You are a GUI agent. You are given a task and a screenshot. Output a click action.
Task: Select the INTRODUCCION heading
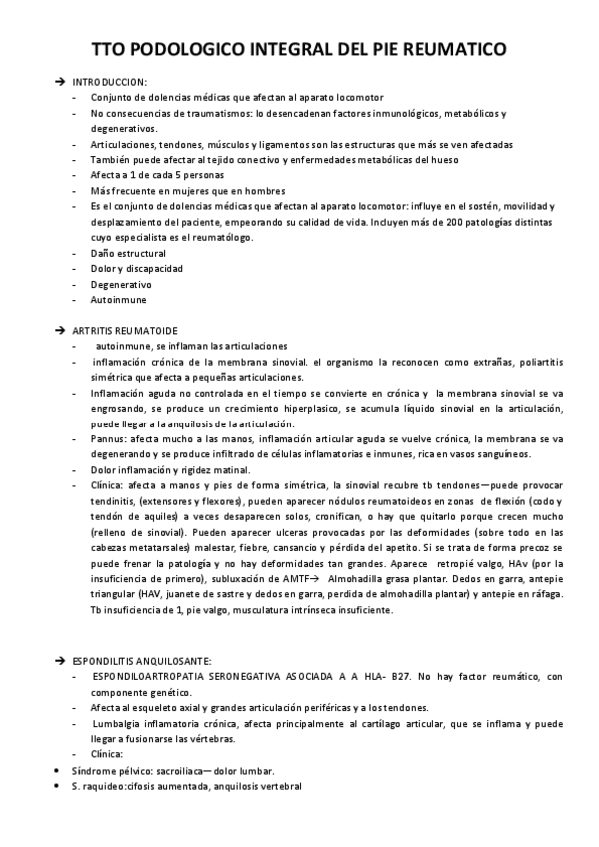(x=110, y=81)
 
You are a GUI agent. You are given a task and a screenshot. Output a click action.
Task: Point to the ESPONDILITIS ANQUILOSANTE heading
(x=142, y=661)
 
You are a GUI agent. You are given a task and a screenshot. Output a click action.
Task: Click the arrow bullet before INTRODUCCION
(x=60, y=81)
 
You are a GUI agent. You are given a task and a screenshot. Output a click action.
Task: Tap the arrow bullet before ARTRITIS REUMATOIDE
(x=60, y=329)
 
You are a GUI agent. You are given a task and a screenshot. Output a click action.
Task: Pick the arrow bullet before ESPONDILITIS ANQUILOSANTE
(x=60, y=661)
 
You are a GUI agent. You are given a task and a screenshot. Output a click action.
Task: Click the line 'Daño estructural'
(x=128, y=253)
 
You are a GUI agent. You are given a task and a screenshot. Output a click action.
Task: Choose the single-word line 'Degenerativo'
(x=121, y=283)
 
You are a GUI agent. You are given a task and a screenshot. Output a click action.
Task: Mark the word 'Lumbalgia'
(x=118, y=723)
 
